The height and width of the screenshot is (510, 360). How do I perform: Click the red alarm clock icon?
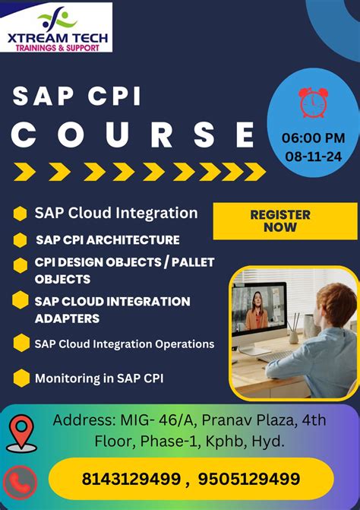[313, 102]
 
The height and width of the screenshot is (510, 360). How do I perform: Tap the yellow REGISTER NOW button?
[285, 221]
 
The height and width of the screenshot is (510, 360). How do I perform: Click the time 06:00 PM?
[313, 138]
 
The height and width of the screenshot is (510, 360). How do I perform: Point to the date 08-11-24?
[313, 157]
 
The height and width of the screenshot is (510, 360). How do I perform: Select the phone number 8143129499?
[131, 479]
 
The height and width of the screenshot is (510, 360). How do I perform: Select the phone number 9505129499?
[249, 479]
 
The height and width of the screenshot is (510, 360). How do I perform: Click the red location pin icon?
[21, 433]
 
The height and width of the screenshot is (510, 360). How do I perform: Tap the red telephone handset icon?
[20, 483]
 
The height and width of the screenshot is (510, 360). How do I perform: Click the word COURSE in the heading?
[134, 135]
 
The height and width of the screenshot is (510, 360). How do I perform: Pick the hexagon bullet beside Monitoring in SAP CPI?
[21, 378]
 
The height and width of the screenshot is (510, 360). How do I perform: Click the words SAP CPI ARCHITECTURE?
[108, 240]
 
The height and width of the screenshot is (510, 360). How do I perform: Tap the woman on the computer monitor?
[257, 311]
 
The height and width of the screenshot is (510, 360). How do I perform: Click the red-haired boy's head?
[336, 303]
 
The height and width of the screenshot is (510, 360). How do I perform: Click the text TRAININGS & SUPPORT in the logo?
[58, 48]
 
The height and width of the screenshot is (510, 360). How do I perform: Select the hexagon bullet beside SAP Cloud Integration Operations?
[21, 343]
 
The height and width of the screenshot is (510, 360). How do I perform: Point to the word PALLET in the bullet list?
[193, 262]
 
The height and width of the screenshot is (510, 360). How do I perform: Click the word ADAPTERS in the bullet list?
[67, 318]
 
